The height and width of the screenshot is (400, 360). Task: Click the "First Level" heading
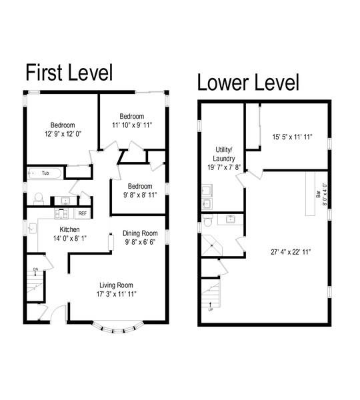[x=69, y=73]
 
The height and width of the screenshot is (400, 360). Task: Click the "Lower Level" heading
[x=248, y=82]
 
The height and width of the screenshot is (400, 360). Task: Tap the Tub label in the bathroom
[x=45, y=173]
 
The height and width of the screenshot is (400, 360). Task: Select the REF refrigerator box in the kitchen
[x=83, y=213]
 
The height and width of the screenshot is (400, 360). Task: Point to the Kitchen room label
[x=69, y=229]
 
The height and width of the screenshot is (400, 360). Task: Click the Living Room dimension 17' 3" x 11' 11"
[x=116, y=294]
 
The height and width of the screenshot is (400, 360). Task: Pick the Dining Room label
[x=140, y=233]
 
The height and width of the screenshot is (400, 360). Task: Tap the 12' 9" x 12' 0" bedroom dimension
[x=63, y=134]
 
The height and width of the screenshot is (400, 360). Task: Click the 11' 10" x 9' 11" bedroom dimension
[x=132, y=125]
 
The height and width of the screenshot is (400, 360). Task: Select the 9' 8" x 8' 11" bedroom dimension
[x=140, y=195]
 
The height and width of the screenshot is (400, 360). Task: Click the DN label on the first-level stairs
[x=35, y=269]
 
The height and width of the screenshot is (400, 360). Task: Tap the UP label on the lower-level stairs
[x=211, y=310]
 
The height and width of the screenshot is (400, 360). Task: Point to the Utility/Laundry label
[x=224, y=154]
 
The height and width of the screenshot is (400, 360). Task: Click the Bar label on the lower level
[x=318, y=195]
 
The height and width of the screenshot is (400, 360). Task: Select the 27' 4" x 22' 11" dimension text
[x=291, y=252]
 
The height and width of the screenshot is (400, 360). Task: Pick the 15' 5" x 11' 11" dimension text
[x=292, y=137]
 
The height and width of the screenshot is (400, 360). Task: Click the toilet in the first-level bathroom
[x=39, y=199]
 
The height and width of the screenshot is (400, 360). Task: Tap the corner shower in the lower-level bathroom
[x=211, y=245]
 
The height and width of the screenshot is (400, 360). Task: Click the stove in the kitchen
[x=61, y=213]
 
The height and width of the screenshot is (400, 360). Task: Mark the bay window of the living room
[x=118, y=328]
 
